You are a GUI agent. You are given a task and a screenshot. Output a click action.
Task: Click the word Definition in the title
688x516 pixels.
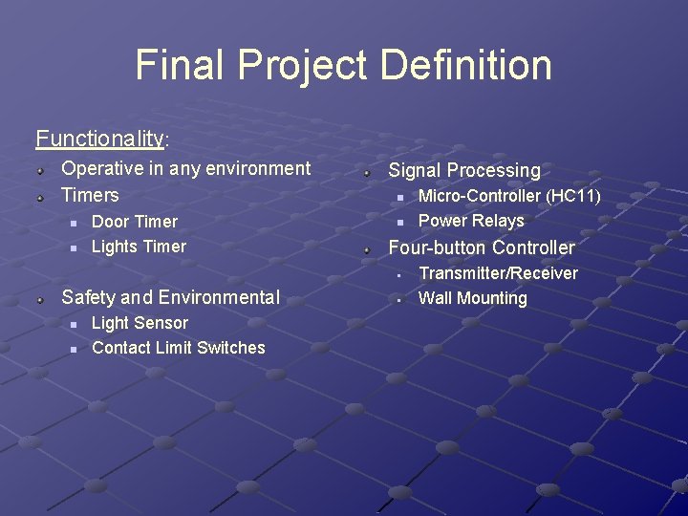(465, 65)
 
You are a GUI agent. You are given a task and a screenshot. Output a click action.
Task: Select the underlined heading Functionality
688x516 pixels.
(99, 139)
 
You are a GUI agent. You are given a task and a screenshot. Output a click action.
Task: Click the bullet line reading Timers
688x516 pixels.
(90, 195)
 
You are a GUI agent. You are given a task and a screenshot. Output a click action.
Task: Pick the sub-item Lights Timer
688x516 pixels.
(139, 247)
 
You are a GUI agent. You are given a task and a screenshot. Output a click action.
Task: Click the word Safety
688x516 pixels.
(89, 297)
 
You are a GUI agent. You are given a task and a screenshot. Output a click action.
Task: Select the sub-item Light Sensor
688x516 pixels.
(140, 323)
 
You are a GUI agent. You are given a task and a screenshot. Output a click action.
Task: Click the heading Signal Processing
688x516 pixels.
(463, 171)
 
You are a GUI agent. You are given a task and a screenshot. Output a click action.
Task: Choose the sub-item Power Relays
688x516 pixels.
(471, 221)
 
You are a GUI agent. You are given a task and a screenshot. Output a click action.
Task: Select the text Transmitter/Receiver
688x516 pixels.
(498, 273)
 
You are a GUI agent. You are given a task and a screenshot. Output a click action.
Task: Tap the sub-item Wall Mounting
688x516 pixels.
(473, 298)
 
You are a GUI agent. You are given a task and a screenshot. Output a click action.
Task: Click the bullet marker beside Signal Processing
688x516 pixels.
(367, 172)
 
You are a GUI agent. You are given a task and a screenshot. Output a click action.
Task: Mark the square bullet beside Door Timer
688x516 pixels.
(72, 223)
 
